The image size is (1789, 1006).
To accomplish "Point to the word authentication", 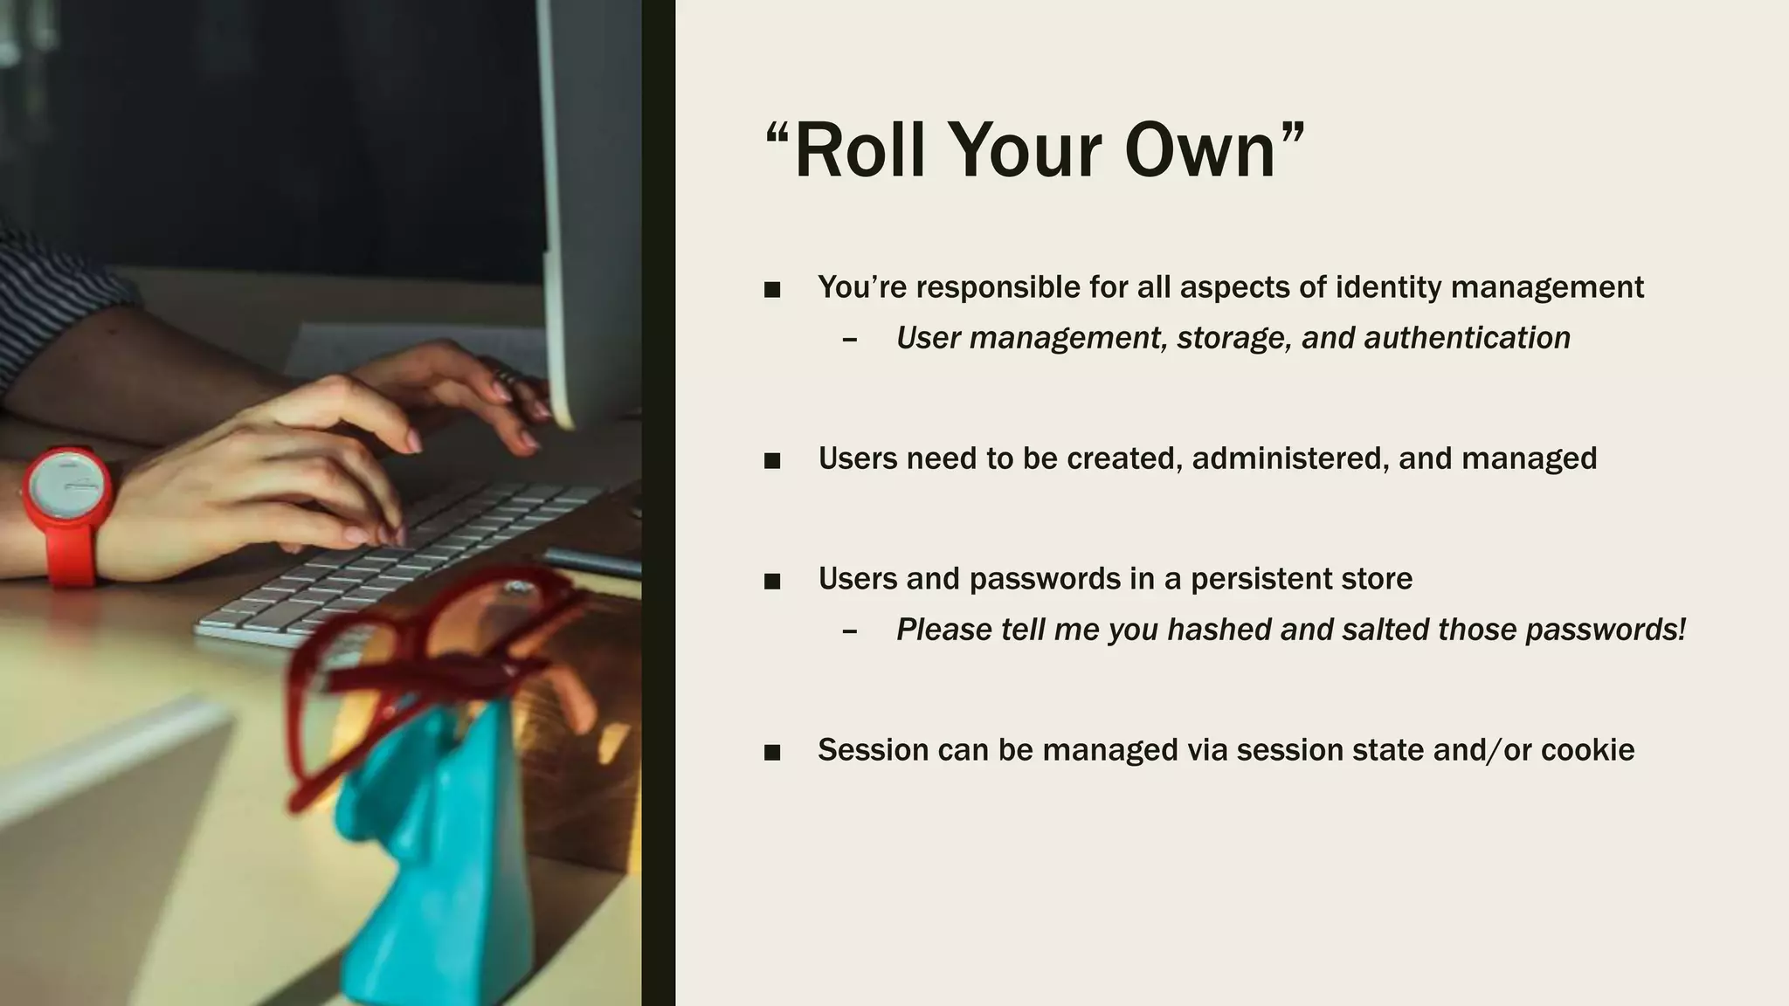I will (x=1467, y=338).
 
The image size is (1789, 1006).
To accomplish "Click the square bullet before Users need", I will (x=771, y=460).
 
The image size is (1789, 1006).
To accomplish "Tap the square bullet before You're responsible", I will (x=771, y=289).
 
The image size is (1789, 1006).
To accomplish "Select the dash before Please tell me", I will (x=849, y=630).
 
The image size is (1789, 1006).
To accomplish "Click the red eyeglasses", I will (x=419, y=664).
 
